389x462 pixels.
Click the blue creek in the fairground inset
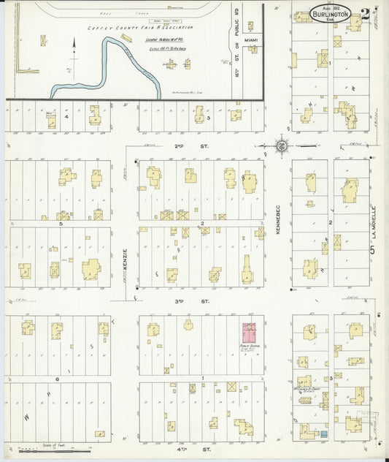coord(109,58)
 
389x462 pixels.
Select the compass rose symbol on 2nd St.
coord(281,146)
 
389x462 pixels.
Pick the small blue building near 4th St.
coord(323,436)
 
